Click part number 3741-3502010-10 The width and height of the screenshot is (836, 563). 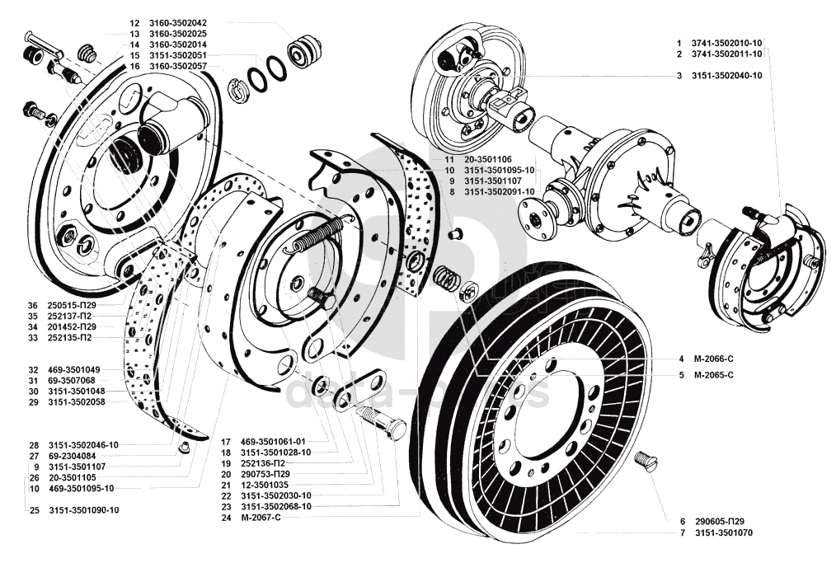pyautogui.click(x=726, y=41)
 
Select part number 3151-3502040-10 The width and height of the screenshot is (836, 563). pyautogui.click(x=726, y=76)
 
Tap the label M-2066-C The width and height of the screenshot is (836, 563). pyautogui.click(x=713, y=359)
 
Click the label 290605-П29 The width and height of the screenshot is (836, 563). pyautogui.click(x=718, y=522)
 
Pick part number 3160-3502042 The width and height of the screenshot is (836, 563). pyautogui.click(x=178, y=22)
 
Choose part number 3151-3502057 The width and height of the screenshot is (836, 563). pyautogui.click(x=178, y=65)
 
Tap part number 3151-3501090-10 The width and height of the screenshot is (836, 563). pyautogui.click(x=83, y=510)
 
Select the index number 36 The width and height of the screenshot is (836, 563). pyautogui.click(x=33, y=304)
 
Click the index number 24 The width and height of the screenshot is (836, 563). pyautogui.click(x=224, y=518)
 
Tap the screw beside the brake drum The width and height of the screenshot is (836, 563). pyautogui.click(x=648, y=460)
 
